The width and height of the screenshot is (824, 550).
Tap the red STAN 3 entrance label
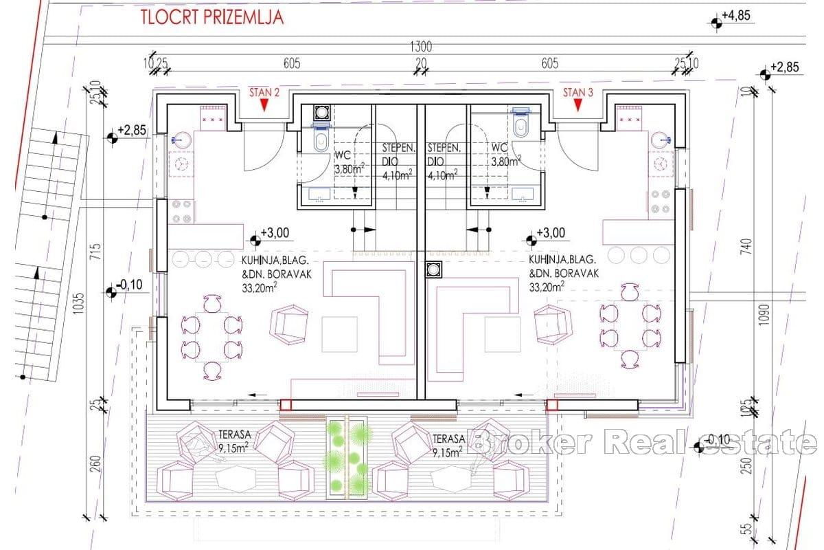577,93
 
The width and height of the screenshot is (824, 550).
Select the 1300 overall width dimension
420,47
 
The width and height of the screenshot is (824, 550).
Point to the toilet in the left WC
320,140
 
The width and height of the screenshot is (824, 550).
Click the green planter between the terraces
347,456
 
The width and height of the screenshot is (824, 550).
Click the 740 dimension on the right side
747,246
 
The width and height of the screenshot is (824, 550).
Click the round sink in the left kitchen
181,137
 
